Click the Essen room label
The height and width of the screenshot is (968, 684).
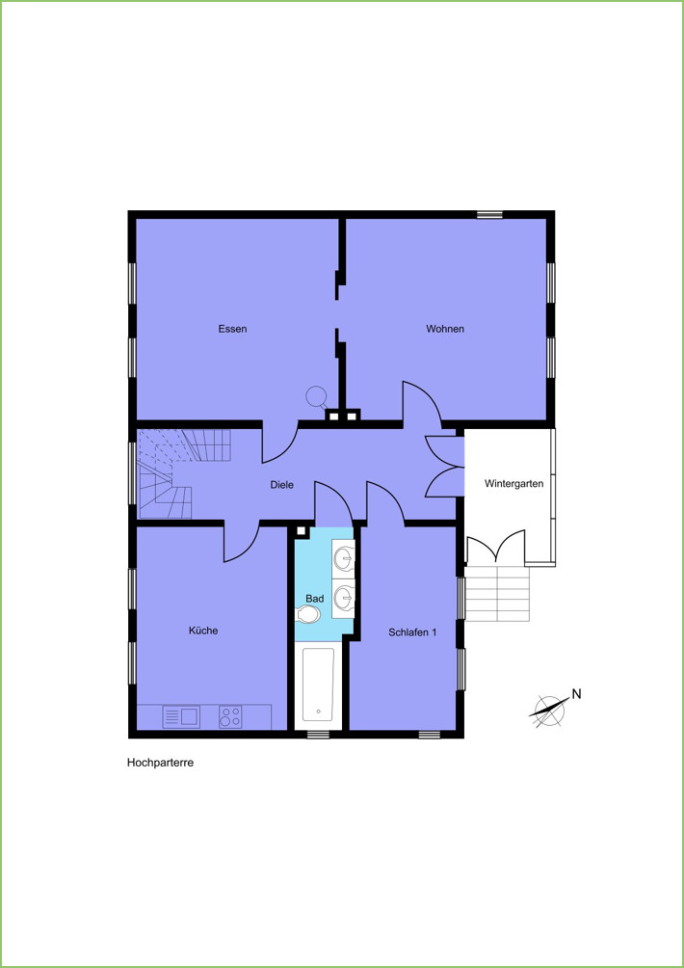point(232,329)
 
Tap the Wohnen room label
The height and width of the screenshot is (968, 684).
point(445,329)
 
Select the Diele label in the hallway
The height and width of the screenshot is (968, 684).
point(282,485)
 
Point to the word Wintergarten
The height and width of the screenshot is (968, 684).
point(513,483)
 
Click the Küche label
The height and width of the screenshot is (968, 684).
point(203,631)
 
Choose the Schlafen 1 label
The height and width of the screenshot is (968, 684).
point(412,632)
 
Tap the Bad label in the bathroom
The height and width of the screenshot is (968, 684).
point(315,599)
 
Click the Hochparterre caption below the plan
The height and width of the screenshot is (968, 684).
point(160,763)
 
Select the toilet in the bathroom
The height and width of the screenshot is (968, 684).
point(308,614)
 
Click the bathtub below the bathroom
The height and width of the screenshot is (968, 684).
point(318,686)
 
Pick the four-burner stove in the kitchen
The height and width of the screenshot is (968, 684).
point(230,716)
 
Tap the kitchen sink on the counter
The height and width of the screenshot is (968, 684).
point(181,716)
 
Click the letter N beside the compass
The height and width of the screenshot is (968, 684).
point(577,694)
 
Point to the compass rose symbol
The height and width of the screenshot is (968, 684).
point(548,710)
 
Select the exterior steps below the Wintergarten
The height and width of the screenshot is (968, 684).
point(497,594)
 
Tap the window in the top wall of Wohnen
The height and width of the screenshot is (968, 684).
point(490,214)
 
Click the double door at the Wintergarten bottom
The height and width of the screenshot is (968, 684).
point(496,547)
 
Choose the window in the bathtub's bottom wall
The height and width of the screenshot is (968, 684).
point(318,734)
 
